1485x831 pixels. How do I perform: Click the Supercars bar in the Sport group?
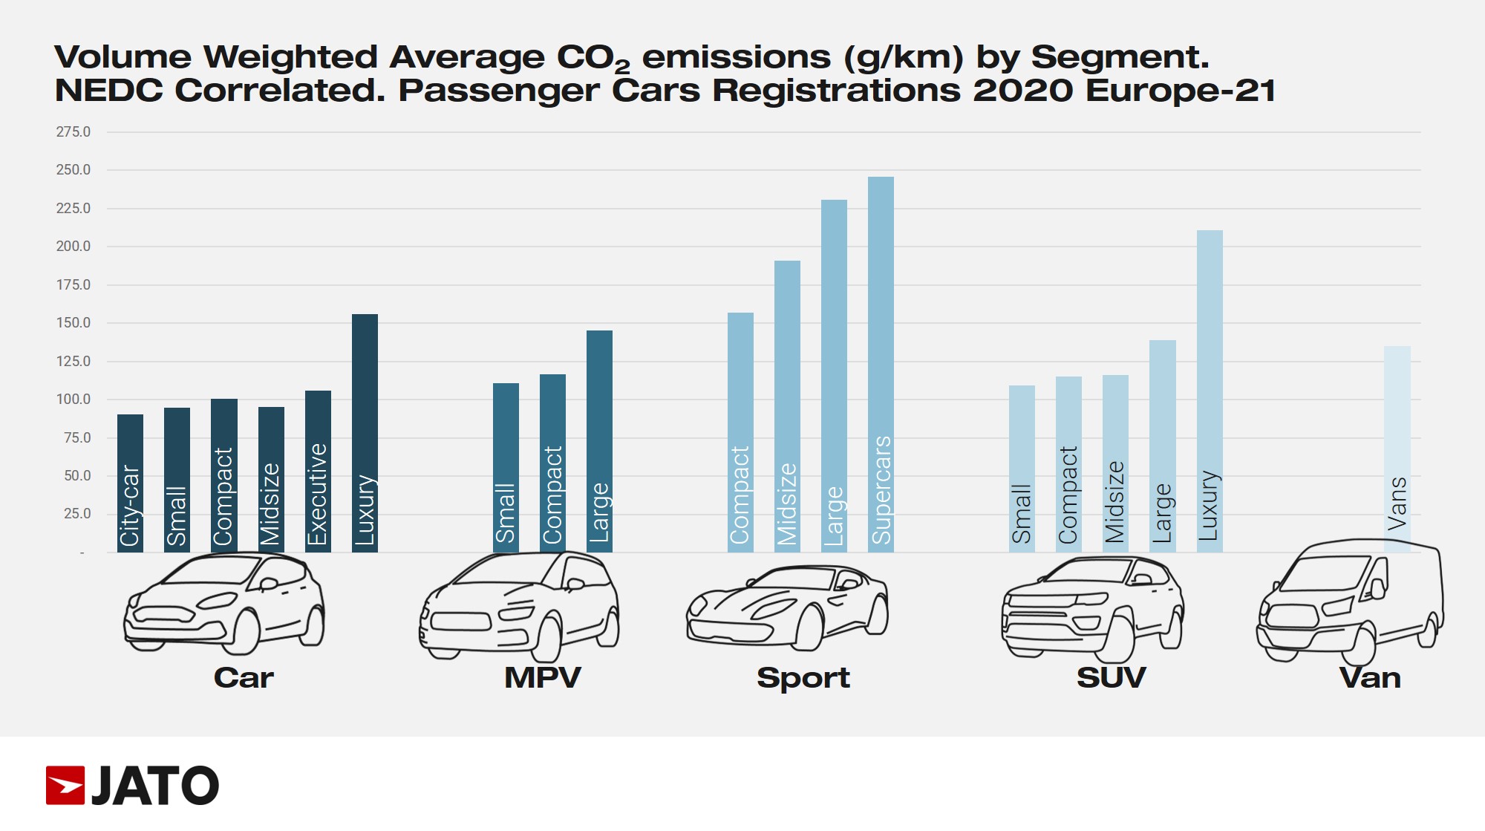click(881, 364)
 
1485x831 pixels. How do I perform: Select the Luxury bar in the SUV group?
click(1210, 391)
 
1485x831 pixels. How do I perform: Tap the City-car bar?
click(130, 483)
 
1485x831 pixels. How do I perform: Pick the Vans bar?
click(1397, 449)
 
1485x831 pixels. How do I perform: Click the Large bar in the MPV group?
click(599, 441)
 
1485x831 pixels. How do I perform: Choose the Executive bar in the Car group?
click(318, 471)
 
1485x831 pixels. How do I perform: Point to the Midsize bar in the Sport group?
click(787, 406)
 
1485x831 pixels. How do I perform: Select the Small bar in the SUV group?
click(1022, 468)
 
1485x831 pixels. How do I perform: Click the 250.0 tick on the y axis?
click(74, 170)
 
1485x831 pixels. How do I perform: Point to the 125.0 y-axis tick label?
click(74, 362)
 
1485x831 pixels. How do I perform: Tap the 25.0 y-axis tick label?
click(77, 514)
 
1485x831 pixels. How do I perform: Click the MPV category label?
click(542, 678)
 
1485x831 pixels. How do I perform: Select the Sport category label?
click(803, 678)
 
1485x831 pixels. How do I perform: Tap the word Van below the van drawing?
click(1370, 678)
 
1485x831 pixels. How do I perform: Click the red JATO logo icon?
click(65, 785)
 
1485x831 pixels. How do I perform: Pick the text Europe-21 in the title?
click(1180, 91)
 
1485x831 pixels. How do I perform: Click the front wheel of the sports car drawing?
click(810, 628)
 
